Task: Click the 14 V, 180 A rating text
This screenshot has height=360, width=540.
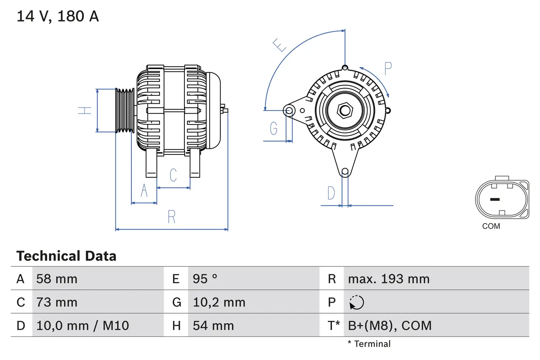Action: tap(58, 16)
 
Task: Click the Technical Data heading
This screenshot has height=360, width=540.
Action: tap(66, 256)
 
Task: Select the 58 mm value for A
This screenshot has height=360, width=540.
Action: tap(57, 279)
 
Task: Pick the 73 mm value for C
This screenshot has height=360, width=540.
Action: tap(57, 303)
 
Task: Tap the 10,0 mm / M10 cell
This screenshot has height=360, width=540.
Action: tap(83, 326)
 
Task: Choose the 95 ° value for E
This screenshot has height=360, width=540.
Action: tap(205, 279)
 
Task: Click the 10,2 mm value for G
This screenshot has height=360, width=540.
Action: tap(219, 303)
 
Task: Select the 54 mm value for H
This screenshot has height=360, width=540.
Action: tap(213, 326)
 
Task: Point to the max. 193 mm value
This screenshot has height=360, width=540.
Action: tap(389, 279)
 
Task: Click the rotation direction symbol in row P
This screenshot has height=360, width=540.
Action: tap(356, 303)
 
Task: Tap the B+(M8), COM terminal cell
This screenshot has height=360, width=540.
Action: tap(390, 326)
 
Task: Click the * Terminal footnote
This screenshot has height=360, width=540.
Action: tap(369, 344)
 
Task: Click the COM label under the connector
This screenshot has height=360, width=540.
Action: tap(491, 226)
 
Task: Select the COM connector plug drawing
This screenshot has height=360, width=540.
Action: tap(502, 199)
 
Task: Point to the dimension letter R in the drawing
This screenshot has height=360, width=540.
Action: tap(171, 217)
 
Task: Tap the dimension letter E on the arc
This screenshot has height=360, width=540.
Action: tap(280, 45)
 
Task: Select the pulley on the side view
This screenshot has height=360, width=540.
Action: tap(125, 111)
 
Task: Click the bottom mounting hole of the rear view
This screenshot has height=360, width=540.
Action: tap(345, 171)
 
